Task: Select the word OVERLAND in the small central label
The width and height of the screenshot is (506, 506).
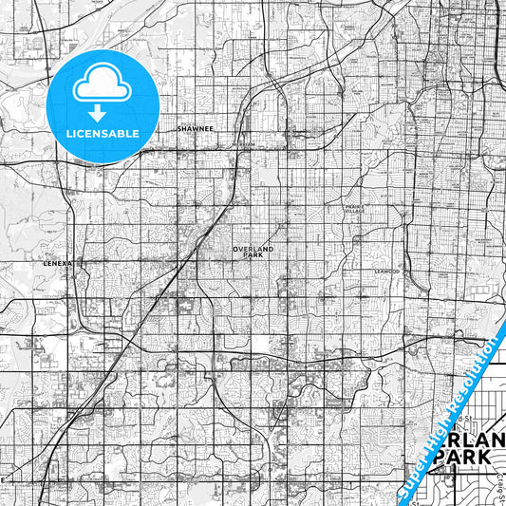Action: (x=253, y=250)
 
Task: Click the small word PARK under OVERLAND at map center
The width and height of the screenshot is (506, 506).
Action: (x=253, y=256)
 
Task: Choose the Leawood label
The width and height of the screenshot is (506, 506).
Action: (x=386, y=271)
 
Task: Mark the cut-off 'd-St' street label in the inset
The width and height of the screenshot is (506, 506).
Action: (x=462, y=417)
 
